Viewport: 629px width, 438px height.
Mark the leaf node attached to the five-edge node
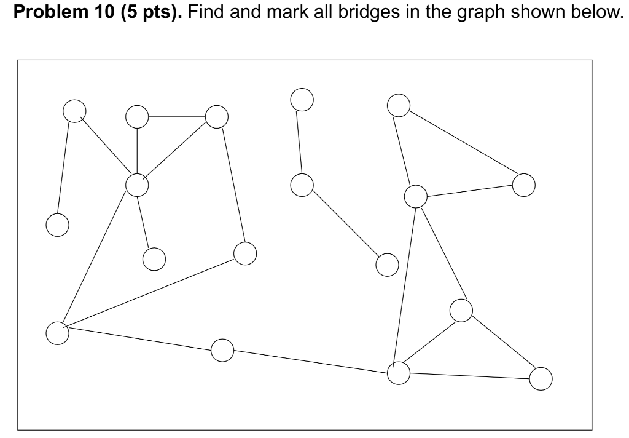(154, 258)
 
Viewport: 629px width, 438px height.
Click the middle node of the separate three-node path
(302, 185)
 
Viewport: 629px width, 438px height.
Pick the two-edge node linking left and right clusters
(222, 350)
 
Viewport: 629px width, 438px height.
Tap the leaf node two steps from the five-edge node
(57, 225)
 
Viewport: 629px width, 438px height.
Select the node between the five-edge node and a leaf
(74, 111)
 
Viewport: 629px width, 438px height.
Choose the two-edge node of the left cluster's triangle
(137, 116)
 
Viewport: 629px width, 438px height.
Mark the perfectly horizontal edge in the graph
(177, 116)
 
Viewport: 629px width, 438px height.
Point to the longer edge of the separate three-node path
(345, 225)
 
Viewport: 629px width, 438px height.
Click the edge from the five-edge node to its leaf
(146, 221)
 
